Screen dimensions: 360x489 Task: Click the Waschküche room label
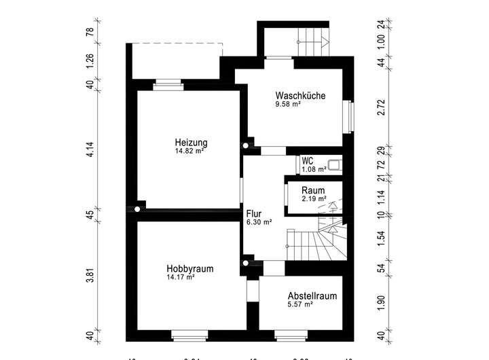coord(300,96)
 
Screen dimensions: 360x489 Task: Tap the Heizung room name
coord(191,143)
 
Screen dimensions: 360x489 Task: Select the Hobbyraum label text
coord(190,269)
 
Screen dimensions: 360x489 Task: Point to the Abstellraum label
coord(312,296)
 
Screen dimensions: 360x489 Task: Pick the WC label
coord(308,161)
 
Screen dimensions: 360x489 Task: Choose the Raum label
coord(314,190)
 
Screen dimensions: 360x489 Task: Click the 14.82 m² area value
coord(190,151)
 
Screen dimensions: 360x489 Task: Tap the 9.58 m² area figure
coord(288,105)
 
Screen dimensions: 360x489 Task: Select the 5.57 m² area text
coord(300,305)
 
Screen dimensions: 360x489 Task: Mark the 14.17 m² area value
coord(181,277)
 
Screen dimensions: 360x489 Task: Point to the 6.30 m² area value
coord(259,222)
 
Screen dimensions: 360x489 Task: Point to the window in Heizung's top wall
coord(168,85)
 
